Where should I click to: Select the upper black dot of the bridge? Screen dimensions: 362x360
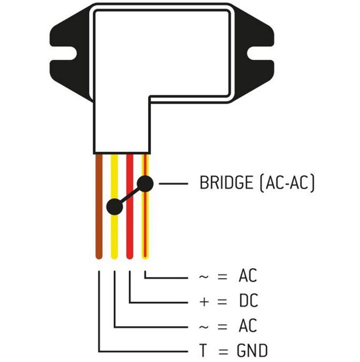coord(145,183)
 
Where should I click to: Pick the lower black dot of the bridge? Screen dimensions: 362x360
coord(115,207)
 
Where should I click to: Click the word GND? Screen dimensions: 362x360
coord(252,351)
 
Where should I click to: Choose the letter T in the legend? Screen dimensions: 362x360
coord(203,351)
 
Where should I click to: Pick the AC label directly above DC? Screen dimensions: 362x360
coord(248,276)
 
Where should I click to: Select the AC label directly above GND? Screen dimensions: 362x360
coord(248,326)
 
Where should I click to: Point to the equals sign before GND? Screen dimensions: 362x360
coord(222,351)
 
